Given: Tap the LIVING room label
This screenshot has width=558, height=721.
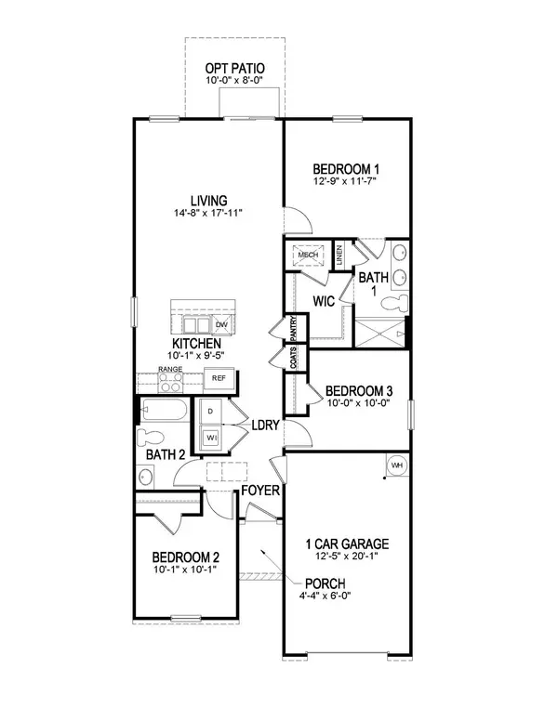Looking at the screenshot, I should (210, 200).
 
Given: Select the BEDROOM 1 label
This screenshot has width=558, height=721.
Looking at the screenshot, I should (346, 168).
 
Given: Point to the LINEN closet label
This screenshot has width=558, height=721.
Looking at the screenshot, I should (340, 255).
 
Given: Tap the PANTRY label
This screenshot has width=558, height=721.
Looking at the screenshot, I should (293, 330).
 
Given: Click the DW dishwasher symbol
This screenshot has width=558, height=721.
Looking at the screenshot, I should (221, 324).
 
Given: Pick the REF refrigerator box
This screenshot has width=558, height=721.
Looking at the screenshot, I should (219, 378).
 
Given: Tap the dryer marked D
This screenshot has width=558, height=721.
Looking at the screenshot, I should (210, 410).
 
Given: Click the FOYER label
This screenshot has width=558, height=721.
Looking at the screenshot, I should (260, 490).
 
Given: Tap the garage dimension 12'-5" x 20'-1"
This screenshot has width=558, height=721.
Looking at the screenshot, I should (348, 557).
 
